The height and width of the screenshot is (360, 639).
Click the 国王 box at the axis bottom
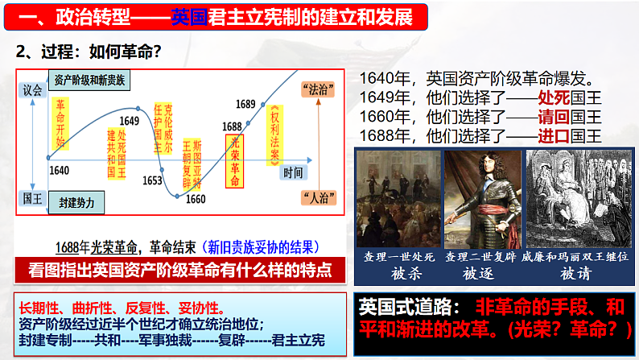click(x=31, y=197)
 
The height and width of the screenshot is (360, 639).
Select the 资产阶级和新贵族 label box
click(x=89, y=80)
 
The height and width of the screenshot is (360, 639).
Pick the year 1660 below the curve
click(x=195, y=199)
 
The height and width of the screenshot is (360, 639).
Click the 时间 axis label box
click(x=293, y=172)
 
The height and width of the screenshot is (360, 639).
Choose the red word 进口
click(x=552, y=134)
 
